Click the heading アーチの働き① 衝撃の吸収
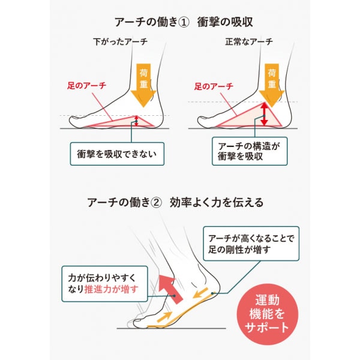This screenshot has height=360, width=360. [x=184, y=22]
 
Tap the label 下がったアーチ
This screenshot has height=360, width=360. [x=121, y=42]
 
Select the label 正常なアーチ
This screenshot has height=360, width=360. [x=249, y=42]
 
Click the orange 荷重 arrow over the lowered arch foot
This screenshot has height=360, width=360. [x=143, y=85]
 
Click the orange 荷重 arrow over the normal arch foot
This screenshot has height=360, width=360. [x=272, y=85]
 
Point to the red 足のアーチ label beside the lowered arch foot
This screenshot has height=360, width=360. [x=86, y=86]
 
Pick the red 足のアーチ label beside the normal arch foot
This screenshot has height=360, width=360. [x=214, y=86]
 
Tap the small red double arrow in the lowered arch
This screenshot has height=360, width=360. [x=136, y=121]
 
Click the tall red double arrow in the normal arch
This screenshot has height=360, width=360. [x=264, y=114]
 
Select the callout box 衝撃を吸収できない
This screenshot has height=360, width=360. [x=117, y=154]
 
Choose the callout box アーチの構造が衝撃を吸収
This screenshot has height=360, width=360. [x=250, y=151]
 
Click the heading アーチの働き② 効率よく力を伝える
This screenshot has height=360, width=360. [x=175, y=203]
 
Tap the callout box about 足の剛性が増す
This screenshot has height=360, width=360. [x=251, y=244]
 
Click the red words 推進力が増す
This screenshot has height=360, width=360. [x=112, y=289]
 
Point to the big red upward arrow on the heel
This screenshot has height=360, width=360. [x=170, y=289]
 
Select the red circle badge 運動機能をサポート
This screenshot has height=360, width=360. [x=267, y=314]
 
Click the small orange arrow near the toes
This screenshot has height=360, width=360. [x=164, y=317]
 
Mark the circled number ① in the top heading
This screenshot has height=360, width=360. [x=184, y=23]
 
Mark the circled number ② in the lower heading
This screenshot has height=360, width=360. [x=156, y=203]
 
